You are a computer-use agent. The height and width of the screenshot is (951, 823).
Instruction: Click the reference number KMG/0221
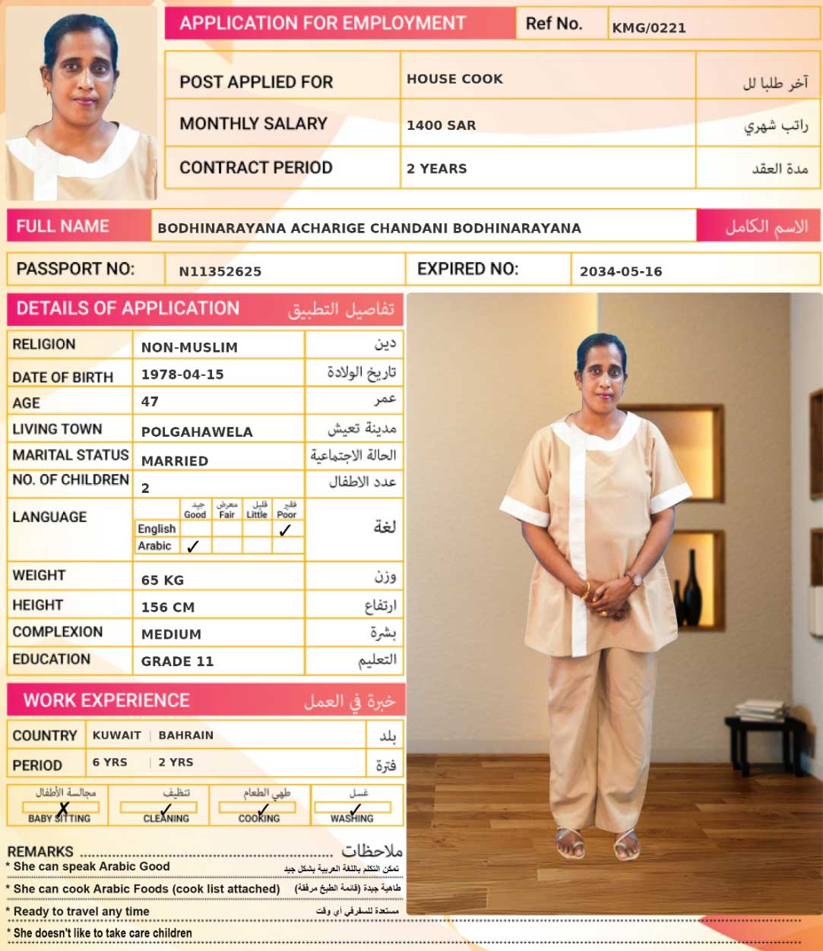pyautogui.click(x=649, y=28)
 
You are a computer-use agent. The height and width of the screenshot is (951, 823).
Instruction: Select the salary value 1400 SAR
pyautogui.click(x=441, y=125)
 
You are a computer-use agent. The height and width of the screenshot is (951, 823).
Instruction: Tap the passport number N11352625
pyautogui.click(x=220, y=271)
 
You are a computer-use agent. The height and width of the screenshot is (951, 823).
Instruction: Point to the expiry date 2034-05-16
pyautogui.click(x=620, y=271)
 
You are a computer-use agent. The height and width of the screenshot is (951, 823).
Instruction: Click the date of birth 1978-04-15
pyautogui.click(x=182, y=374)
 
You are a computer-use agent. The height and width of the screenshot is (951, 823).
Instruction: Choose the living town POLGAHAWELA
pyautogui.click(x=197, y=431)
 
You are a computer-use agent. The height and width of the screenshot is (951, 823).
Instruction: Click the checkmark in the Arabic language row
pyautogui.click(x=193, y=546)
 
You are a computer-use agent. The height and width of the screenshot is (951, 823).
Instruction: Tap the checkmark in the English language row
pyautogui.click(x=285, y=530)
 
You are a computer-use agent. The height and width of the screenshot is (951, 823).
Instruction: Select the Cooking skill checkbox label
pyautogui.click(x=259, y=819)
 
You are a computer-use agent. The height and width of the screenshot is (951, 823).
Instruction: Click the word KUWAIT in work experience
pyautogui.click(x=116, y=735)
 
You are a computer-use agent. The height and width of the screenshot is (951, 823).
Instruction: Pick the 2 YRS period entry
pyautogui.click(x=176, y=762)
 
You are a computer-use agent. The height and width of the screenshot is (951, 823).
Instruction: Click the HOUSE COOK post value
pyautogui.click(x=454, y=79)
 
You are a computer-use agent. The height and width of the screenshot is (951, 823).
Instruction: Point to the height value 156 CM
pyautogui.click(x=168, y=607)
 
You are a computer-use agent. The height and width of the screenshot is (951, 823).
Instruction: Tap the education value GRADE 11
pyautogui.click(x=177, y=661)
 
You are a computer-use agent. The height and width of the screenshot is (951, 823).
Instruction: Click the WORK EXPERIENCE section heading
pyautogui.click(x=106, y=700)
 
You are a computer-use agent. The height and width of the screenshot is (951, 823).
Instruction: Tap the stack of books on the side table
pyautogui.click(x=760, y=710)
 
